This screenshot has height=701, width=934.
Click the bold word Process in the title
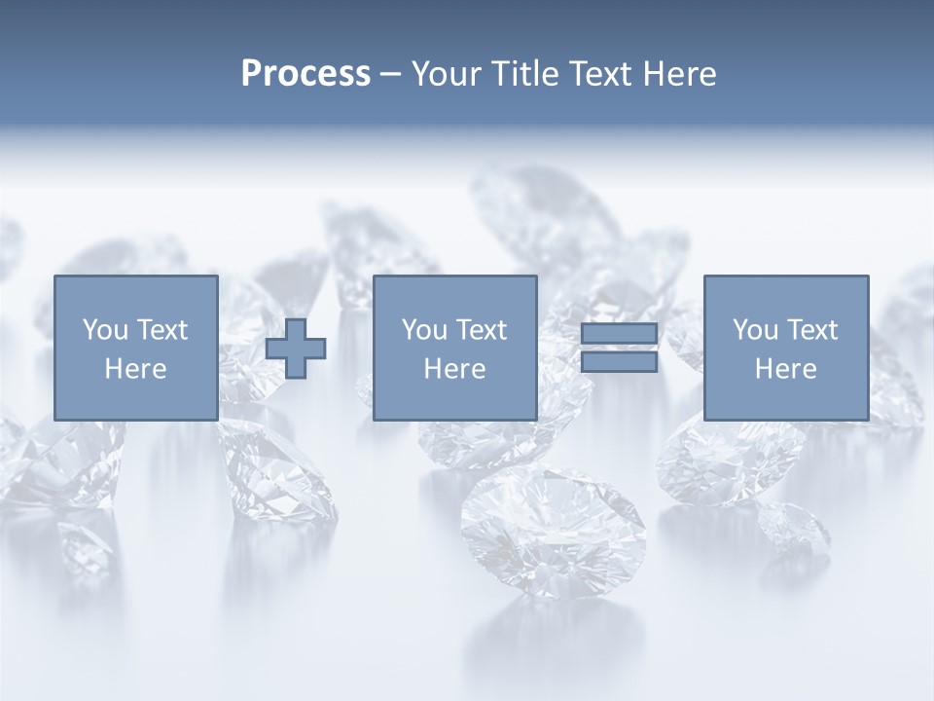(305, 74)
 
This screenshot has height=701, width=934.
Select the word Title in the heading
(521, 74)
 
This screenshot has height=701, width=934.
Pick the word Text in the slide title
(596, 74)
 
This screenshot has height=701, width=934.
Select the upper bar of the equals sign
(619, 333)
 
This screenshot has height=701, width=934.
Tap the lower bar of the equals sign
(619, 361)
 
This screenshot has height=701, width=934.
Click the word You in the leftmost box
(105, 330)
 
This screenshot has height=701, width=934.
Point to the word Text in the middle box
(481, 330)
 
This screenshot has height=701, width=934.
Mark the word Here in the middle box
(454, 369)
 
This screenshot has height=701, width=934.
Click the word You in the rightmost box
(755, 330)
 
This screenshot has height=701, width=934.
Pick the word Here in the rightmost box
(785, 369)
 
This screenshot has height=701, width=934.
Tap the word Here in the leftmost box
(136, 369)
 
